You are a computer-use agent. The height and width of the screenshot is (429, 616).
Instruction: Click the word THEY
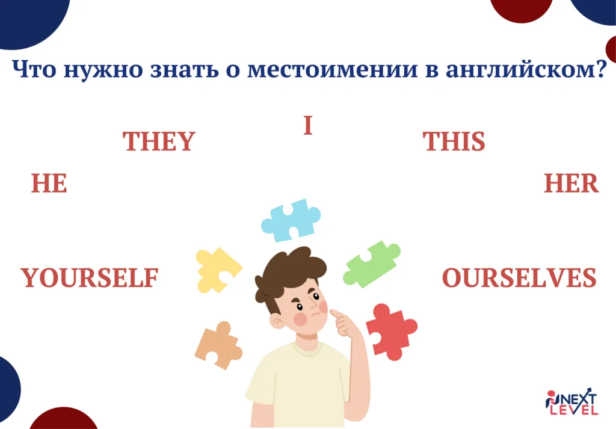pos(159,141)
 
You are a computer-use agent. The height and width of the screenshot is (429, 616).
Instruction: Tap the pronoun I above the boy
pos(308,125)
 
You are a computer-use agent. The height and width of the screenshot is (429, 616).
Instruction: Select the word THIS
pos(454,141)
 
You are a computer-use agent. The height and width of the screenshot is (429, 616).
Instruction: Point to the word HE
pos(49,183)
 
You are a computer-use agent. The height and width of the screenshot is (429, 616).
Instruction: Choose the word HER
pos(571,183)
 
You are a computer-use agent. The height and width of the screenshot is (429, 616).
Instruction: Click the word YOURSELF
pos(89,278)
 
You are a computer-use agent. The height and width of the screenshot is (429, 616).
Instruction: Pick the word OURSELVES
pos(519,278)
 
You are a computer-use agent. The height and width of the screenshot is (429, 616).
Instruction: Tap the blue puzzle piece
pos(291,220)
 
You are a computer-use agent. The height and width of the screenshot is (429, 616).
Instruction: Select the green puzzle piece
pos(371,264)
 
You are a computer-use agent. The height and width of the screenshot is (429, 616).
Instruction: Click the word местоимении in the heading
pos(332,69)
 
